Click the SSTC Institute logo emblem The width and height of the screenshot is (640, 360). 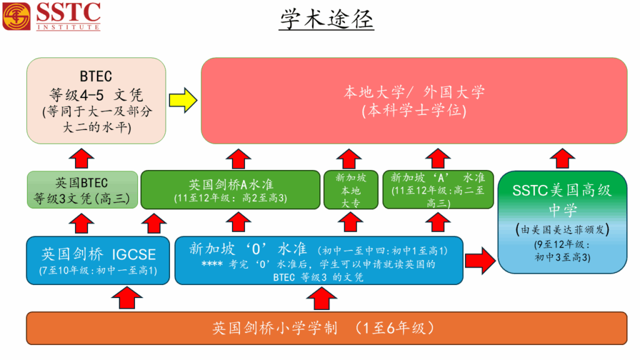click(16, 16)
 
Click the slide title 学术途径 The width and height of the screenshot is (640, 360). click(326, 19)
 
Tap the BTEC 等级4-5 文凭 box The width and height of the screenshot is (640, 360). click(96, 100)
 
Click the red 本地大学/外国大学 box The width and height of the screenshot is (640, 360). click(414, 101)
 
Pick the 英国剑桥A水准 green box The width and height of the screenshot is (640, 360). click(229, 190)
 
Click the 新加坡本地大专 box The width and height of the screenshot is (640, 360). click(351, 190)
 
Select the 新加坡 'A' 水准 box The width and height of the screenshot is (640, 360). click(437, 190)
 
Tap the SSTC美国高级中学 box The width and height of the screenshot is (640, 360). click(562, 222)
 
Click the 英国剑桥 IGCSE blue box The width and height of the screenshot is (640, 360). click(97, 259)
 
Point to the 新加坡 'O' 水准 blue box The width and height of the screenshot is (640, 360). click(318, 259)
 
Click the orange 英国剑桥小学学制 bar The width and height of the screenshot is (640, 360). click(326, 327)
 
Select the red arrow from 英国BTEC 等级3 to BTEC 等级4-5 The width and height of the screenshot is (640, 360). click(82, 158)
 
